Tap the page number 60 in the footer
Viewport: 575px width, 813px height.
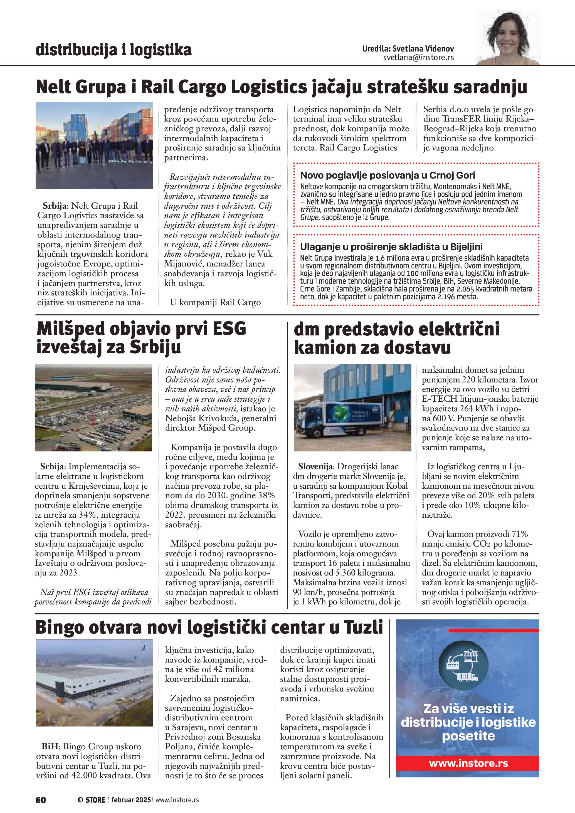(41, 800)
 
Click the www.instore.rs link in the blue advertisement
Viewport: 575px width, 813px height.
(468, 763)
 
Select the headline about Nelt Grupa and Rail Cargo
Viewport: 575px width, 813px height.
(282, 87)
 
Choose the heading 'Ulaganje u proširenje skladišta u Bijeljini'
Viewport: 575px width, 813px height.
(391, 246)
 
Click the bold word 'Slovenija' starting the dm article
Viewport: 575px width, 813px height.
(315, 466)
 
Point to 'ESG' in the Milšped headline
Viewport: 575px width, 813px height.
(229, 329)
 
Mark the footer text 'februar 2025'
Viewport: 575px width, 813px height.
(131, 800)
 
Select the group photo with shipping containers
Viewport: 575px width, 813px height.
(94, 145)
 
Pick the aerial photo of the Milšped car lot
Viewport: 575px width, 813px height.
(94, 407)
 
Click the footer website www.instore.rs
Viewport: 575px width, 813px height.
(177, 800)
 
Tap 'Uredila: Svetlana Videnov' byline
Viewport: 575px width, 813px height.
(408, 48)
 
